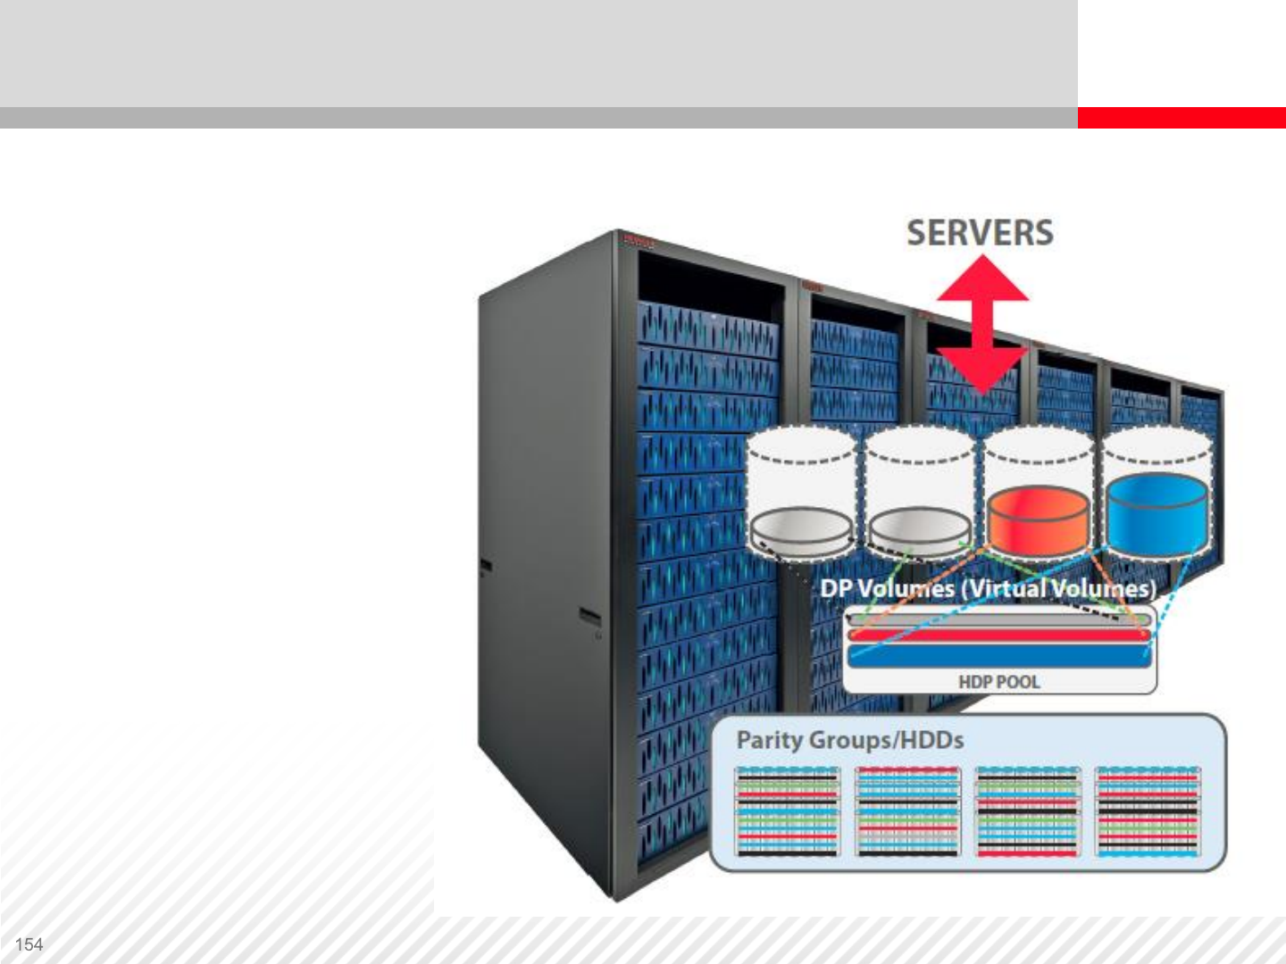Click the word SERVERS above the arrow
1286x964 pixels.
(980, 233)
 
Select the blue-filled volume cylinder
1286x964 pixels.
(1157, 514)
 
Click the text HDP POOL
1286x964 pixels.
(998, 682)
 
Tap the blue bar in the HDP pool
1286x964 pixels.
(998, 656)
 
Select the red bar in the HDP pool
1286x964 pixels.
(998, 635)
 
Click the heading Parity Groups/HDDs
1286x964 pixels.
(849, 740)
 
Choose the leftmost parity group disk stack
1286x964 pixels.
(788, 810)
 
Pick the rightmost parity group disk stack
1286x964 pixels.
(1148, 810)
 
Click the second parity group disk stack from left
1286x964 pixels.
(907, 810)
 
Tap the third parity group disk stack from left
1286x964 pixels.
(1028, 810)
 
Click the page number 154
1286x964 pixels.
(29, 944)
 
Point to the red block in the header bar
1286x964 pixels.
(1182, 118)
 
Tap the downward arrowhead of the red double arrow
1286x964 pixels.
(982, 370)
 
